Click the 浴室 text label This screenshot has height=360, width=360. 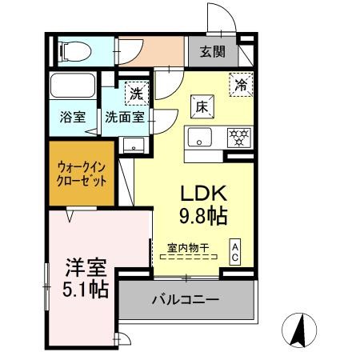point(72,117)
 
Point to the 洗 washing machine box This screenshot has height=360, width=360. point(137,93)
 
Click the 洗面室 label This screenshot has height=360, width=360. point(126,117)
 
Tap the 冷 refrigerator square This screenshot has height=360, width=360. point(240,82)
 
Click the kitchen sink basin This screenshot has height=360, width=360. point(200,137)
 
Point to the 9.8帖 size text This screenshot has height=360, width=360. point(203,216)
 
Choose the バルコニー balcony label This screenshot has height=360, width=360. point(185,302)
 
